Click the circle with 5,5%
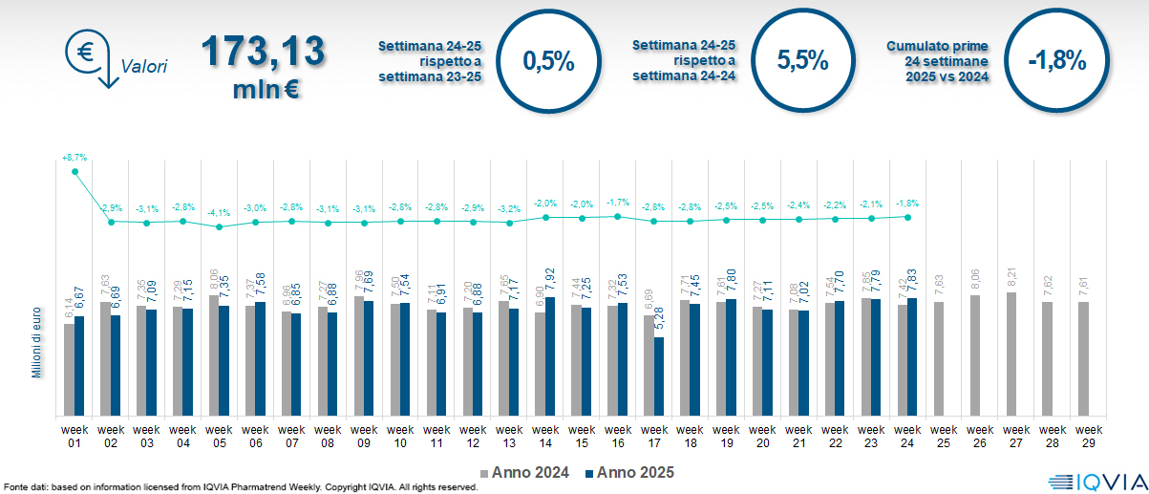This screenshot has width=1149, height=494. [x=801, y=61]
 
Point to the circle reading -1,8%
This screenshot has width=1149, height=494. [x=1057, y=61]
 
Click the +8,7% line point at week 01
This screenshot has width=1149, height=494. [x=74, y=172]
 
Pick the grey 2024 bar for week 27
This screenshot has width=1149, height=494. [x=1011, y=354]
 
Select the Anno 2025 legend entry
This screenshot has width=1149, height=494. [x=631, y=472]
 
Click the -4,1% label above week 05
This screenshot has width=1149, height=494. [x=219, y=213]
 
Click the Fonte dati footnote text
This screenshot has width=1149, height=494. [x=240, y=487]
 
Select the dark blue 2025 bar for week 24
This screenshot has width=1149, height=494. [x=912, y=357]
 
